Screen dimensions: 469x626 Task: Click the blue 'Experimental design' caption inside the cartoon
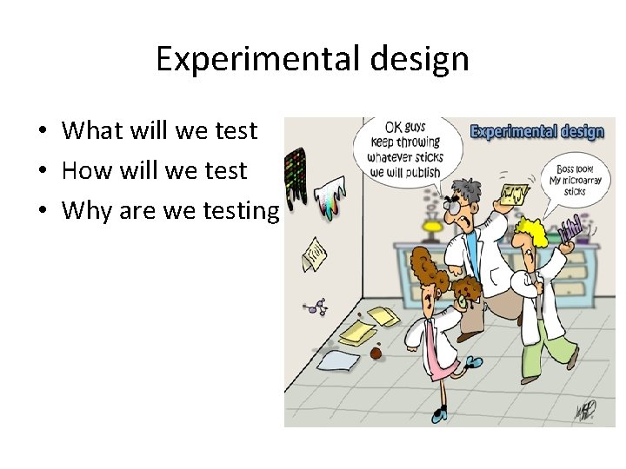pos(537,132)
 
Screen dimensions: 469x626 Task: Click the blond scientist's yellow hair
pos(532,232)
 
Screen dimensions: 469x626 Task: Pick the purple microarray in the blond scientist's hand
pos(571,230)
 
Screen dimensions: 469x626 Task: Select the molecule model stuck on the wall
pos(316,307)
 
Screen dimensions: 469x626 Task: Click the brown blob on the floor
pos(376,353)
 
